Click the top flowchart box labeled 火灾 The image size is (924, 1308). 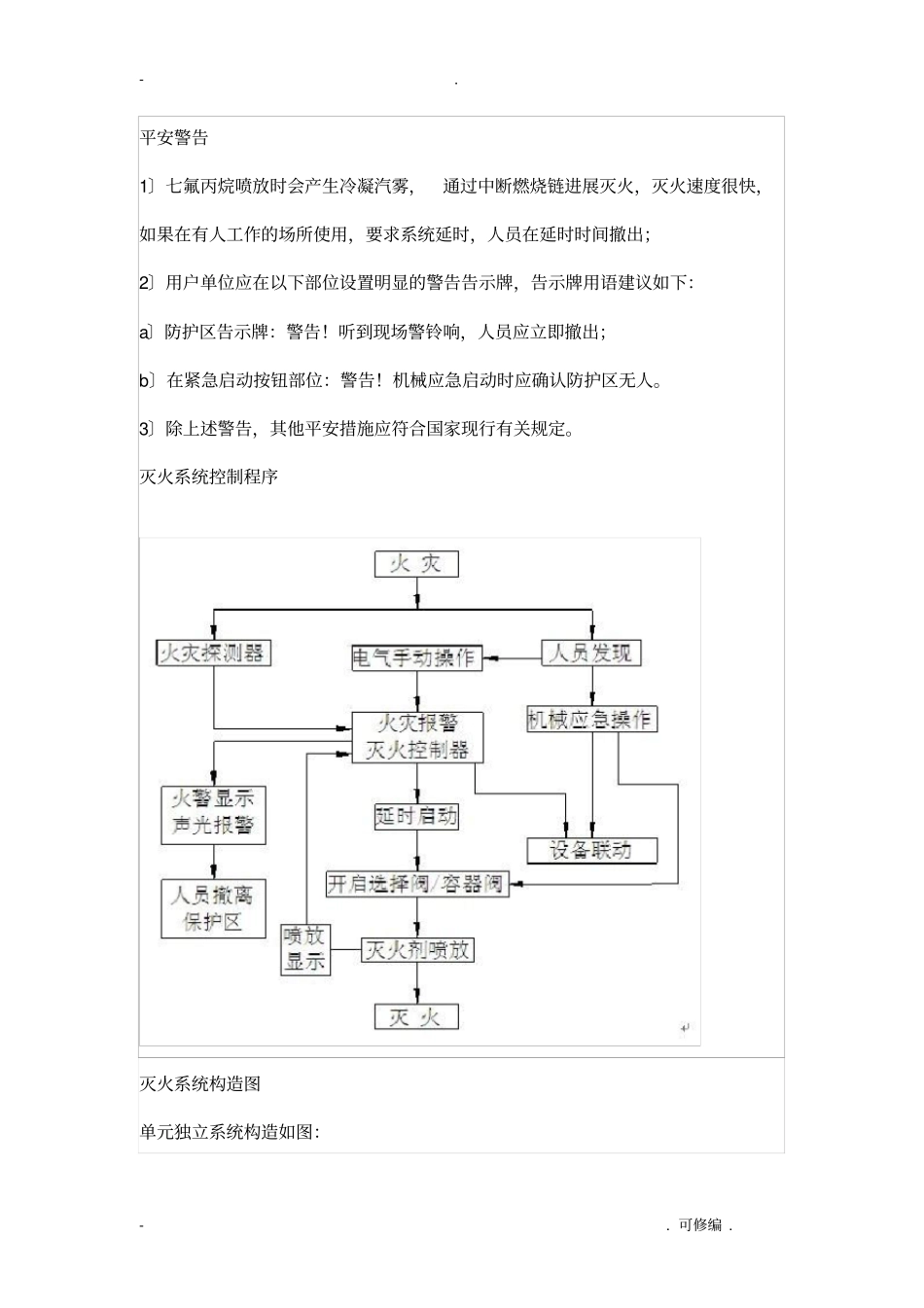coord(416,564)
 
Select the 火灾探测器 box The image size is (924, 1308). coord(213,653)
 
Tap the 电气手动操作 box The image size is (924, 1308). coord(416,657)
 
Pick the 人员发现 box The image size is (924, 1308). coord(591,653)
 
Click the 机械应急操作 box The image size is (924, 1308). coord(591,720)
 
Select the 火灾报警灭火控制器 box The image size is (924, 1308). coord(416,736)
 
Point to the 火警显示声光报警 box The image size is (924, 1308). coord(213,813)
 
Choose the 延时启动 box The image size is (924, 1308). coord(416,816)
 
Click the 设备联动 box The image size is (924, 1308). coord(591,850)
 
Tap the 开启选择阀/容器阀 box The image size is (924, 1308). coord(416,884)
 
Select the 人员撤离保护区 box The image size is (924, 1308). coord(213,908)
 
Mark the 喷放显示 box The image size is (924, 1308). coord(305,949)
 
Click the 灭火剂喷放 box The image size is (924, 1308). coord(416,950)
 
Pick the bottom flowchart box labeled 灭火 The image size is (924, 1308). coord(416,1017)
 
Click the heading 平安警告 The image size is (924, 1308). coord(174,137)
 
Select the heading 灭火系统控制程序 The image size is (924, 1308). coord(209,477)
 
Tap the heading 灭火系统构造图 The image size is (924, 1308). coord(200,1083)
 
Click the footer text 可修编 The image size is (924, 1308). coord(700,1225)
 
